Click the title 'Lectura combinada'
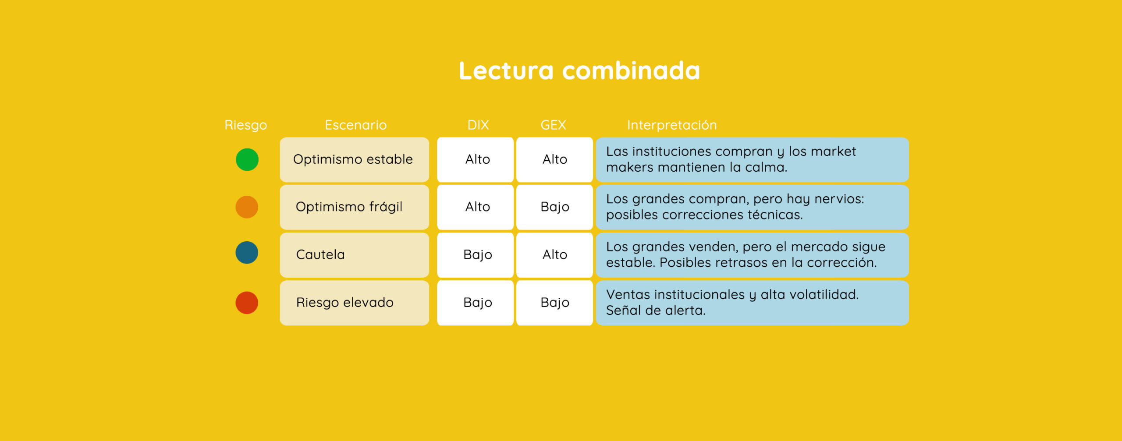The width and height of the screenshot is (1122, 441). (579, 71)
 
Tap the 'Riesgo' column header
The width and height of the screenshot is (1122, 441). (245, 125)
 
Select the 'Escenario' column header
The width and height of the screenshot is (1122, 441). (355, 125)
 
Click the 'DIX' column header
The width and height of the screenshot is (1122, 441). (478, 125)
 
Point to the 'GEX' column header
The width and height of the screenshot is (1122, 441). (553, 125)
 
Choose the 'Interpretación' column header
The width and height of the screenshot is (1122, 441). (672, 125)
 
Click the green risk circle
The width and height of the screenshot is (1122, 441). (247, 159)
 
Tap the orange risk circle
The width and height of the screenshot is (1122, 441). (247, 207)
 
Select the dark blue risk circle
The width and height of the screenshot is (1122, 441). (247, 253)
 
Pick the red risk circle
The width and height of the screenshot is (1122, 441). (247, 303)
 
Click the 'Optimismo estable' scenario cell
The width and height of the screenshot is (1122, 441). (355, 159)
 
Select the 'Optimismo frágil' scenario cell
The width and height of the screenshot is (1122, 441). (355, 207)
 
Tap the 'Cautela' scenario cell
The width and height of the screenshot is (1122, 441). (355, 255)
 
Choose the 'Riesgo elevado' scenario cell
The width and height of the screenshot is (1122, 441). (355, 303)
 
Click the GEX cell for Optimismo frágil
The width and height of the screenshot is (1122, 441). (554, 207)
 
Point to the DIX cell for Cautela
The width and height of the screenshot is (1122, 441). (476, 255)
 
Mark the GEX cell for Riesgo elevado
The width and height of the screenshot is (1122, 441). (554, 303)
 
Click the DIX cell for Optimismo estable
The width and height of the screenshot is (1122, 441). (476, 159)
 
